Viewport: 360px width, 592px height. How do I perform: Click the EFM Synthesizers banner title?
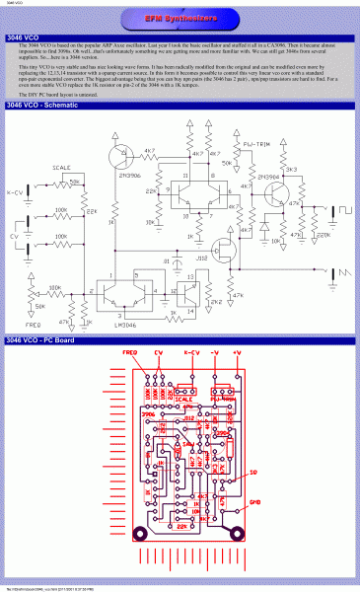click(180, 19)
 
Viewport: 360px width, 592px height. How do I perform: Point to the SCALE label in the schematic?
click(61, 168)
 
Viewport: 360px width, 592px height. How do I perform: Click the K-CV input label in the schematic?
click(15, 192)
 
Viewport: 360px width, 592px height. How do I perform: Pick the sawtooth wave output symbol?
click(345, 272)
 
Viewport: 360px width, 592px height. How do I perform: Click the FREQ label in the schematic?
click(34, 323)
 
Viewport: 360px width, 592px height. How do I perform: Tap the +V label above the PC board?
click(236, 352)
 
